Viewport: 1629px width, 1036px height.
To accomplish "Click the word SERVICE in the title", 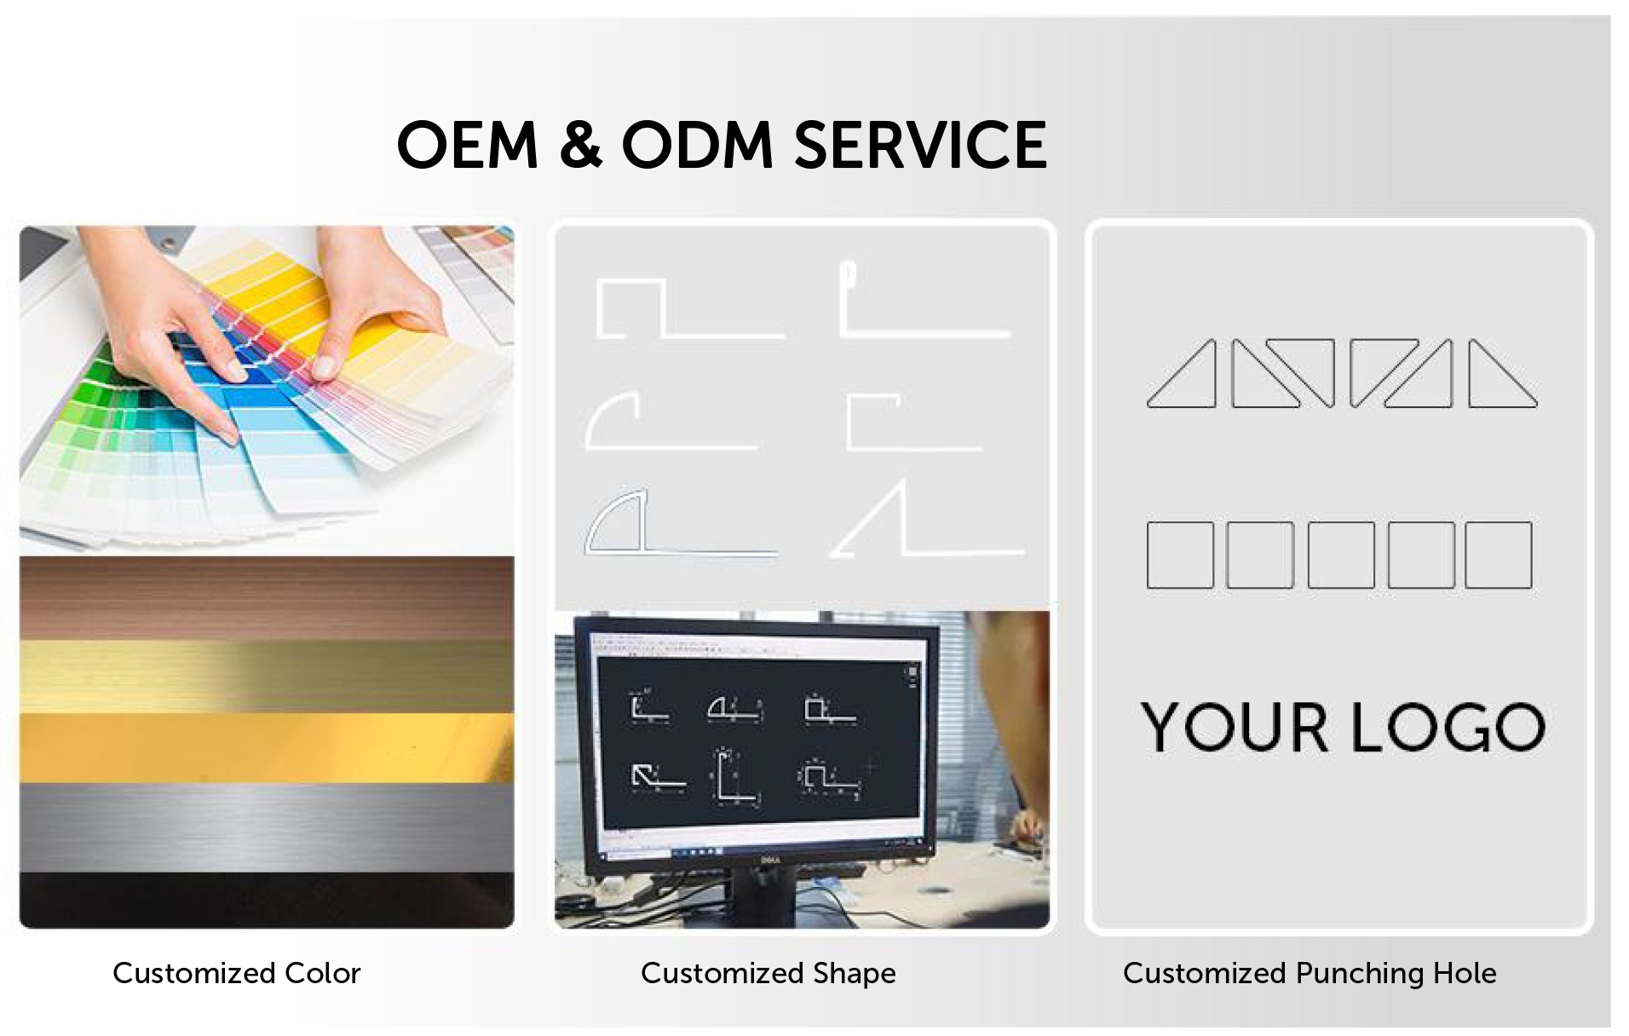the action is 920,145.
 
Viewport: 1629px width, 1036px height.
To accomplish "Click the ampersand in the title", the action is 581,145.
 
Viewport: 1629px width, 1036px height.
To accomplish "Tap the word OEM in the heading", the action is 468,145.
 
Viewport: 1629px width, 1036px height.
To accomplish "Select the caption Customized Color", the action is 237,973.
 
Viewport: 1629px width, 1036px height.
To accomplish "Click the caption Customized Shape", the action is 768,974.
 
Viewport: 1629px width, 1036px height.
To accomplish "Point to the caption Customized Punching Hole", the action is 1310,974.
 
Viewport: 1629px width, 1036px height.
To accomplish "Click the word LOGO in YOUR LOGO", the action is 1448,727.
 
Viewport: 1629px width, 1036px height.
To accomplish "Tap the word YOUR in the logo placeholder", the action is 1235,727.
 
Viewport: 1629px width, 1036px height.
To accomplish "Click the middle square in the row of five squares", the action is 1341,555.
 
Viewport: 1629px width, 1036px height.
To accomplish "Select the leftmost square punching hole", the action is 1180,555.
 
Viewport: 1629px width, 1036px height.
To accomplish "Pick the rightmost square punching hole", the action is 1499,555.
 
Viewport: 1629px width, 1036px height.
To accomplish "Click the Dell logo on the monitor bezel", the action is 769,859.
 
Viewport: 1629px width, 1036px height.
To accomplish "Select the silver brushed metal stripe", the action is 267,827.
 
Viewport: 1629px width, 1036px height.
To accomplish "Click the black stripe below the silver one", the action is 267,900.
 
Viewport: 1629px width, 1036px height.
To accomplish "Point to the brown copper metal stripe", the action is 267,598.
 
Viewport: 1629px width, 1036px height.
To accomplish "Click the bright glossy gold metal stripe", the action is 267,747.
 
